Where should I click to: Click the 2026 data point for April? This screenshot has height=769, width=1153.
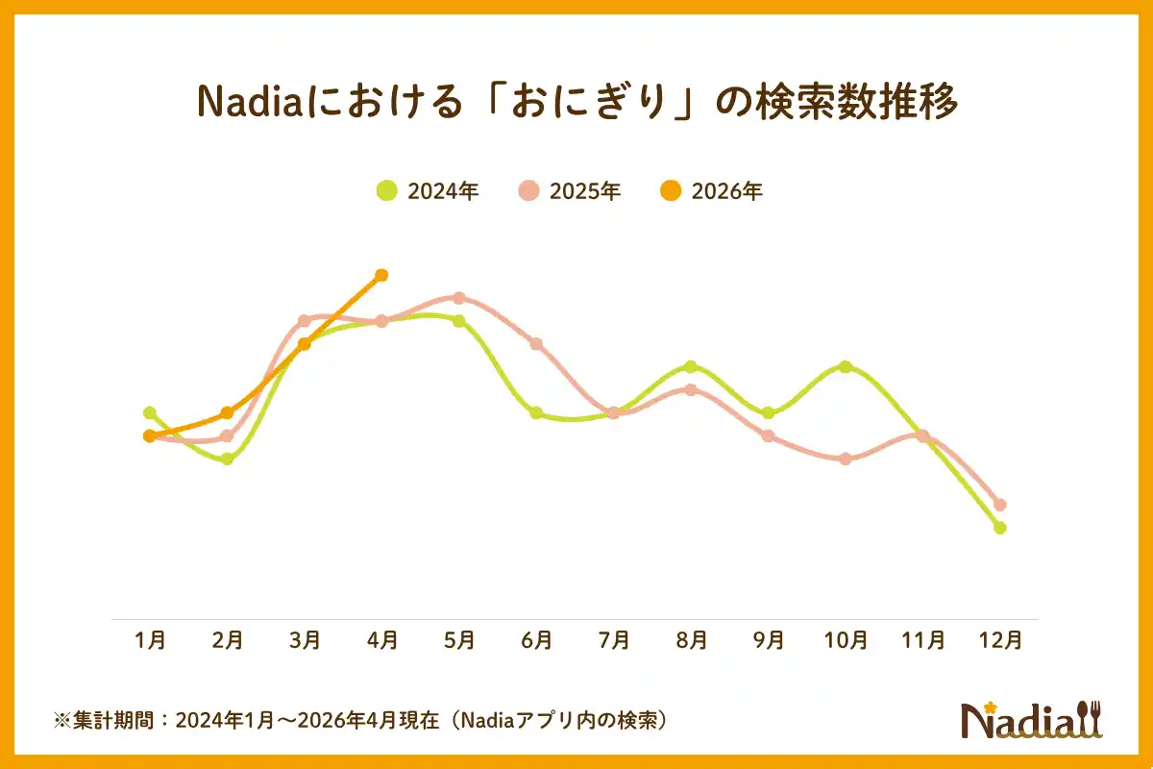tap(381, 275)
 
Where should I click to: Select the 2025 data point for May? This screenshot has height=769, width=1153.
tap(459, 298)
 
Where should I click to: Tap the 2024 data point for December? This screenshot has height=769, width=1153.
tap(1000, 528)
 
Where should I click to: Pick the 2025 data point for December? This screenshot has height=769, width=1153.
tap(1000, 505)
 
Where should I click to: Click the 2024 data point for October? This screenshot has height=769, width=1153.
tap(846, 366)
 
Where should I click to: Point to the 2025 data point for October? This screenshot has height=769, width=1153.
tap(846, 459)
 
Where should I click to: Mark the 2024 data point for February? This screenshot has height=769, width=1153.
tap(228, 459)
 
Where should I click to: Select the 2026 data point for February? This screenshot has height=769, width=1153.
tap(228, 412)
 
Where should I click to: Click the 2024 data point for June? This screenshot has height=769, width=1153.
tap(536, 412)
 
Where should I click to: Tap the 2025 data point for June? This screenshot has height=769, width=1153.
tap(536, 344)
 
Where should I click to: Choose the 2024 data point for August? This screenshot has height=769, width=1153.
tap(691, 366)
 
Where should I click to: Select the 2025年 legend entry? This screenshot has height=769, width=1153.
tap(570, 190)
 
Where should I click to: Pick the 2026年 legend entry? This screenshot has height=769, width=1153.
tap(712, 190)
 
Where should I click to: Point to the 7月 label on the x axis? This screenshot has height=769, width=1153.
tap(614, 640)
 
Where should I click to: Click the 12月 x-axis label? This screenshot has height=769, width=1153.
tap(1000, 640)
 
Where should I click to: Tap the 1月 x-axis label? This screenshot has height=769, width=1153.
tap(151, 640)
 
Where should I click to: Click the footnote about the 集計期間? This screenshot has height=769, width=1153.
tap(360, 720)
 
